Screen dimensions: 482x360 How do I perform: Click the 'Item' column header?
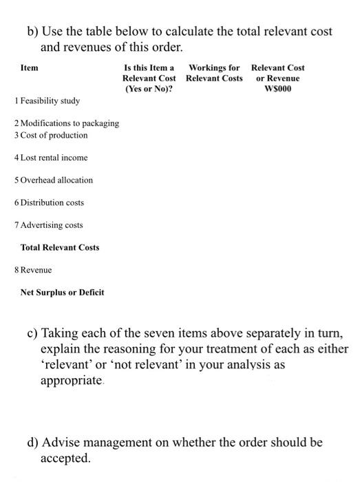30,68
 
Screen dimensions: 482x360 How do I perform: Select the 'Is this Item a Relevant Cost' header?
149,78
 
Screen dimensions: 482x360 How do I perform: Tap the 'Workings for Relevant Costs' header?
214,73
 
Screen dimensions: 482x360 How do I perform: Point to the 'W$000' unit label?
277,90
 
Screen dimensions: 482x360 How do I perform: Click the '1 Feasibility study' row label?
47,101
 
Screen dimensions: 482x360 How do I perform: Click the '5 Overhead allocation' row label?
53,180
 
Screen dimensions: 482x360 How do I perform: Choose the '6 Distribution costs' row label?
49,202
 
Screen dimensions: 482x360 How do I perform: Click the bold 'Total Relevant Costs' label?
60,247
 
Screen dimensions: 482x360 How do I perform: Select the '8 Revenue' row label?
33,270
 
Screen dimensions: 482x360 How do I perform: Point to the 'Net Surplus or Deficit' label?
63,293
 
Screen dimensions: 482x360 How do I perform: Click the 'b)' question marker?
33,32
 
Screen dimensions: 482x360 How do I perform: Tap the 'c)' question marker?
32,334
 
